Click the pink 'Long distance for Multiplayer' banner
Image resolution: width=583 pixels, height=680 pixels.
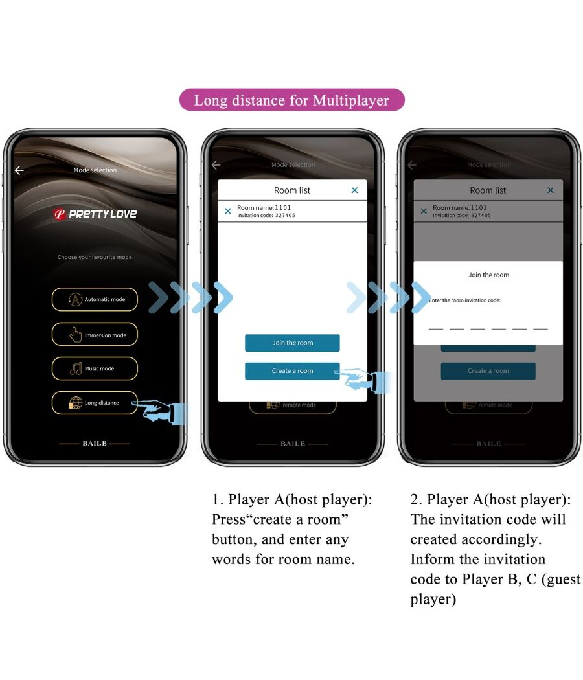[x=291, y=100]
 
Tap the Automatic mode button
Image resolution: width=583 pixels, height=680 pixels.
[x=95, y=299]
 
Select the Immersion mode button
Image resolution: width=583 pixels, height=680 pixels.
[x=95, y=335]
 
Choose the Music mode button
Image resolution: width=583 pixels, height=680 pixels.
[x=95, y=368]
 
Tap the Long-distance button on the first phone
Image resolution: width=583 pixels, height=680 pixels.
[x=95, y=403]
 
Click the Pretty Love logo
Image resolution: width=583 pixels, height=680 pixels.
[x=95, y=214]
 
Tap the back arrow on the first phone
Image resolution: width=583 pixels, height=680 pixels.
[x=19, y=170]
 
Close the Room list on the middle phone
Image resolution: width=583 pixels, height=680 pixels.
[x=354, y=190]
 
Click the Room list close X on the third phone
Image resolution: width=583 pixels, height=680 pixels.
[x=551, y=190]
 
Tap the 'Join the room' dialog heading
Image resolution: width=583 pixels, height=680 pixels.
[x=488, y=275]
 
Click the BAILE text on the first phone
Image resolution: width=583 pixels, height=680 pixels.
[x=95, y=444]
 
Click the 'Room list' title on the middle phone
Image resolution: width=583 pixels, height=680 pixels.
[x=292, y=190]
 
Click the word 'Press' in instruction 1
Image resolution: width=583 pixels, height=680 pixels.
[x=229, y=520]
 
